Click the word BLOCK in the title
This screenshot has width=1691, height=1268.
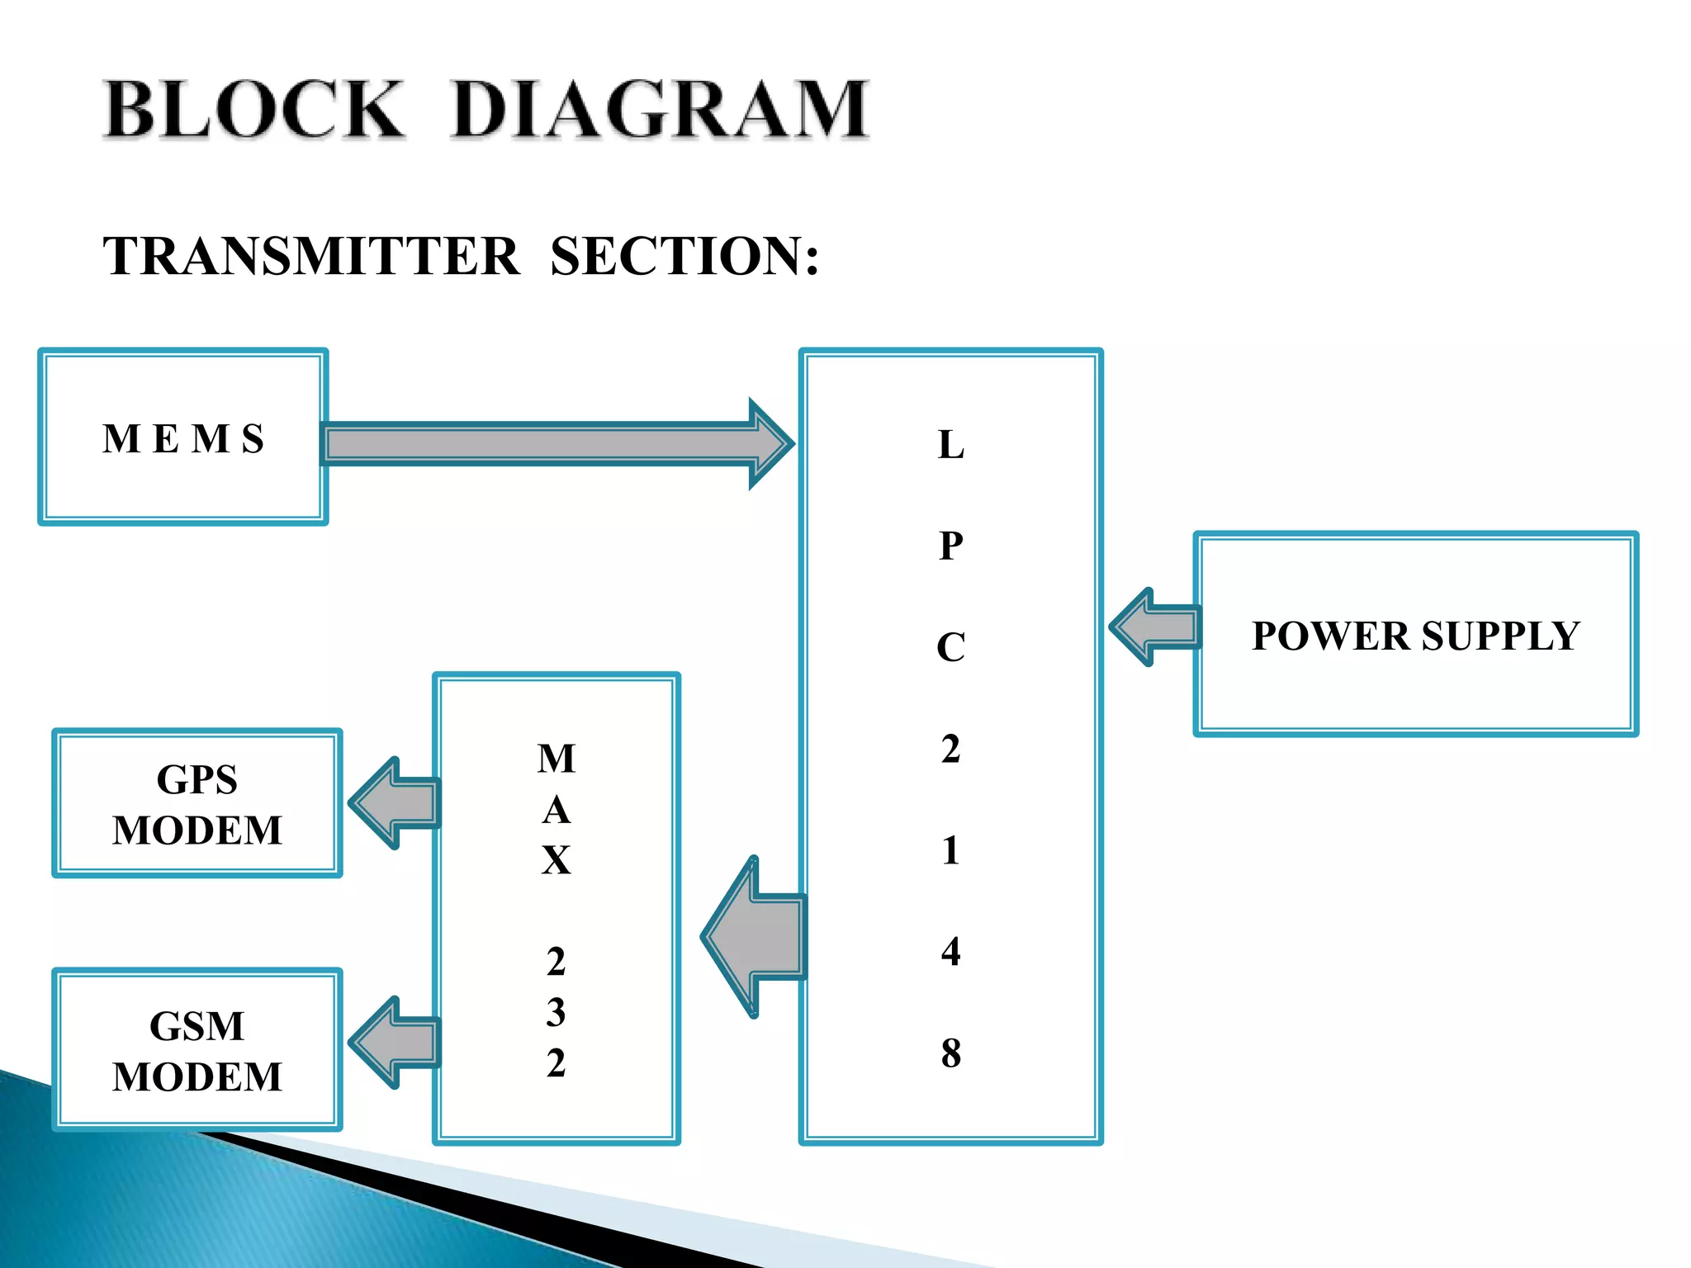253,110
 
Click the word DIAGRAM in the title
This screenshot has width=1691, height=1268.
659,110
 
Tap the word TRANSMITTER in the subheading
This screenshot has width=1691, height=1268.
311,256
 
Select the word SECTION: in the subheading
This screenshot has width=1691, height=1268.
684,256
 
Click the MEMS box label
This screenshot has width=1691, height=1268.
183,438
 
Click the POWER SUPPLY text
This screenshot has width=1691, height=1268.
1415,636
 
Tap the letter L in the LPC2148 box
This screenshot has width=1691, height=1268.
950,445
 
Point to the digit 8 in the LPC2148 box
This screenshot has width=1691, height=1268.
950,1053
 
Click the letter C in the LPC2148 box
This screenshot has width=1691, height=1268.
950,647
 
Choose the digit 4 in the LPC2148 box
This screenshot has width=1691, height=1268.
950,951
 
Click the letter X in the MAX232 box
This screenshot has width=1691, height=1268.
556,860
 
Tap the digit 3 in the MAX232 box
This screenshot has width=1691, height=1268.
556,1012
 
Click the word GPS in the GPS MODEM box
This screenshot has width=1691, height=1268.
197,779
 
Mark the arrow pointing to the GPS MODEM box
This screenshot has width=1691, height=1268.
395,802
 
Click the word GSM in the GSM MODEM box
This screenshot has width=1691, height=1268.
197,1026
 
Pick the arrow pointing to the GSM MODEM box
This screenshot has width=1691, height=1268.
395,1043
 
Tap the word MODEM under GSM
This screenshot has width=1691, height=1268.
197,1077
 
